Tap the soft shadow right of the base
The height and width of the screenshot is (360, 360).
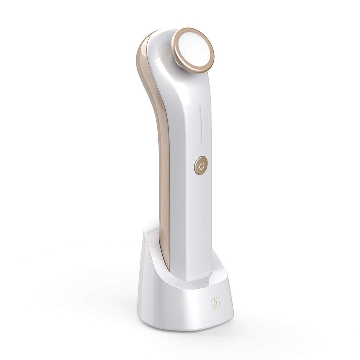[252, 317]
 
